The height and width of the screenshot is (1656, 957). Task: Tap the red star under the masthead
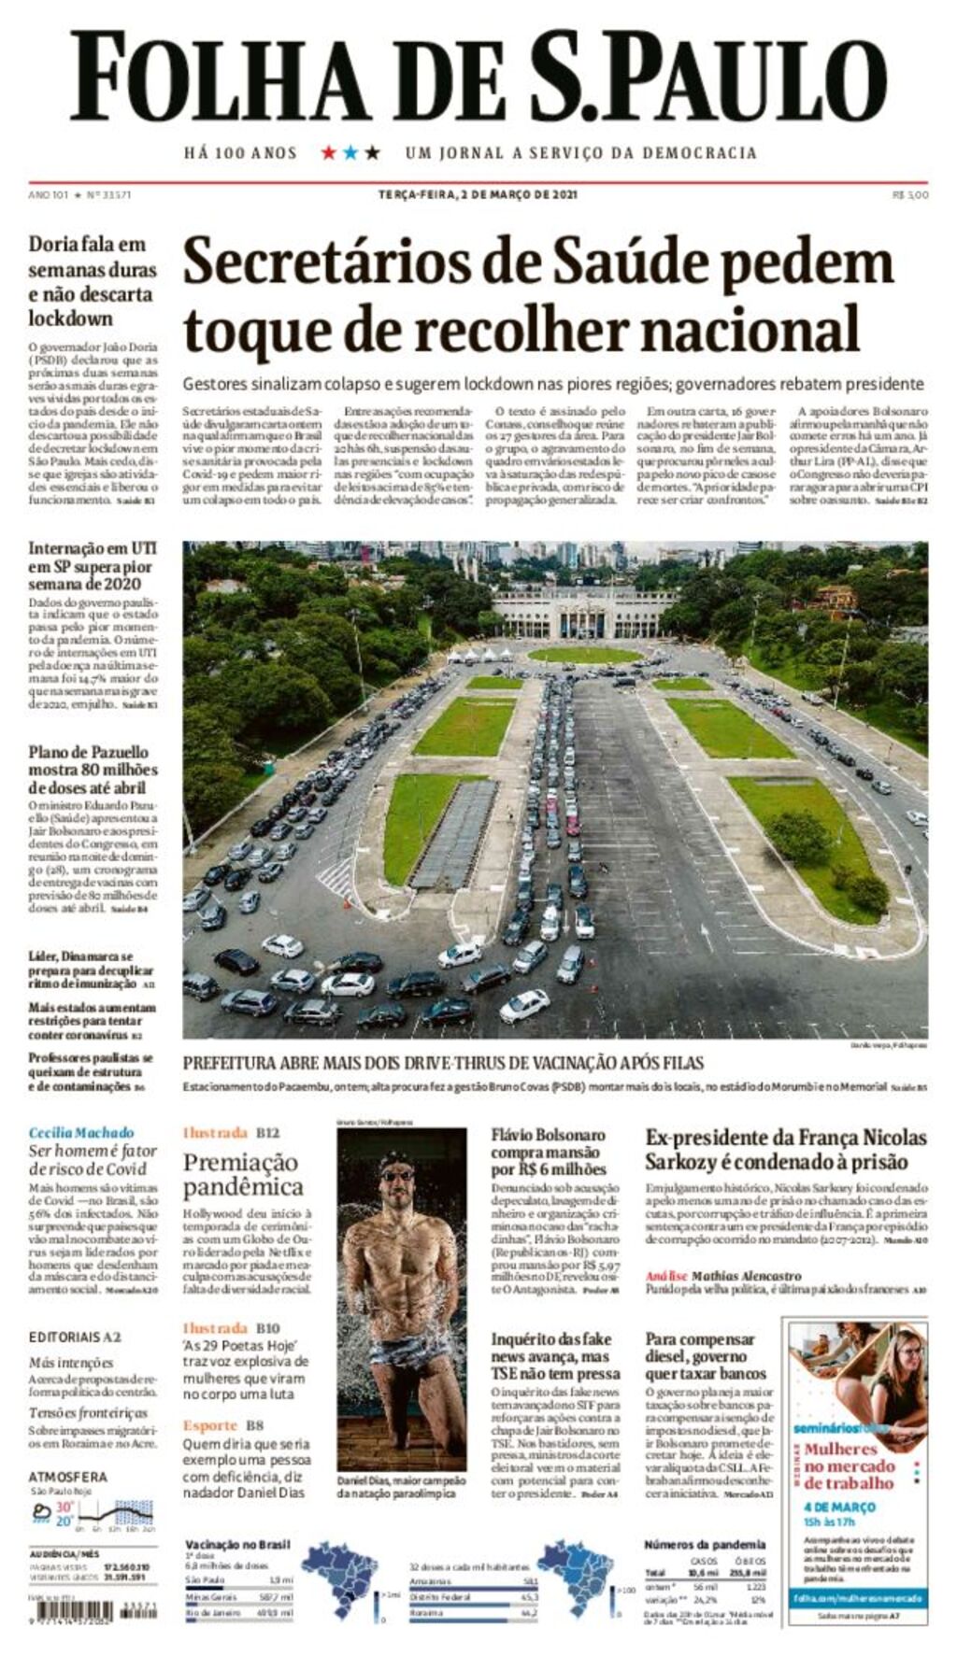point(329,152)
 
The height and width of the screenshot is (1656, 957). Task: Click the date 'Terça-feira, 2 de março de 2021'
point(478,195)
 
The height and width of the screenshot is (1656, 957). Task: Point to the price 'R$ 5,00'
point(910,195)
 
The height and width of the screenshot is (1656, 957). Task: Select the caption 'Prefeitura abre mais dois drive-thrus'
point(443,1063)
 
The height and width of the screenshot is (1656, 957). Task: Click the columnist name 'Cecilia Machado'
point(81,1133)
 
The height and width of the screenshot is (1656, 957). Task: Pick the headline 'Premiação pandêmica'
point(243,1175)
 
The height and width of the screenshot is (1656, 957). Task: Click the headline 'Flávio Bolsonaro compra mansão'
point(549,1152)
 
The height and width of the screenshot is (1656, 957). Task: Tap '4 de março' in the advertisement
point(838,1507)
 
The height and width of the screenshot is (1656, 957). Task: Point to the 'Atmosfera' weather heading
point(68,1477)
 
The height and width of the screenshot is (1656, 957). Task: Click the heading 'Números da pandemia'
point(705,1544)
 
